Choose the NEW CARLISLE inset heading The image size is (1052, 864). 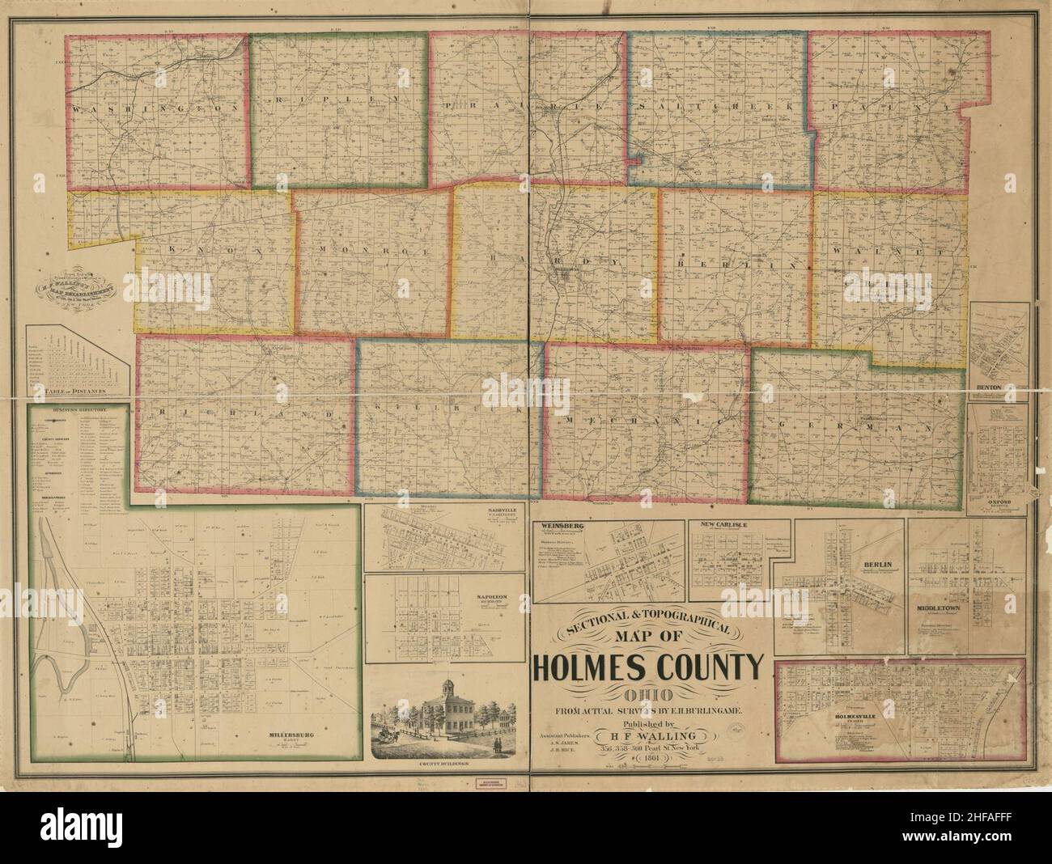(x=723, y=525)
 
